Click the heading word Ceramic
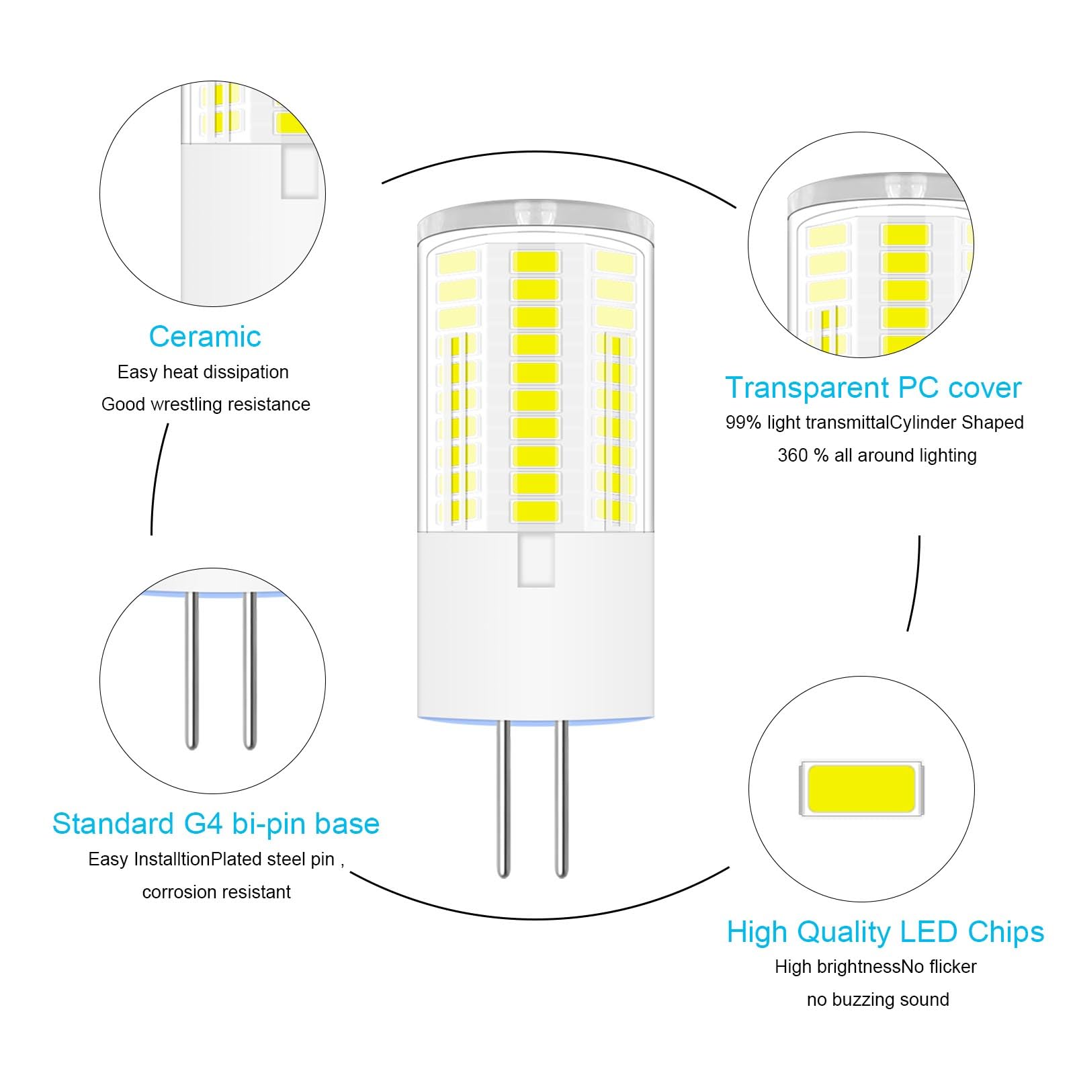pyautogui.click(x=205, y=337)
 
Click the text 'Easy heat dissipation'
pyautogui.click(x=203, y=372)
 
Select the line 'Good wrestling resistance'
pyautogui.click(x=206, y=404)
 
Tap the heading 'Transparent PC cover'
pyautogui.click(x=873, y=388)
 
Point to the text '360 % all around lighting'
pyautogui.click(x=877, y=455)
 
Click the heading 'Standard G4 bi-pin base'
pyautogui.click(x=216, y=824)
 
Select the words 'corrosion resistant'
pyautogui.click(x=216, y=892)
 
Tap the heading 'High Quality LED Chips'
pyautogui.click(x=886, y=933)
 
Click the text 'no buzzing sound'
pyautogui.click(x=877, y=1000)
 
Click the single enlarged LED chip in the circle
pyautogui.click(x=861, y=788)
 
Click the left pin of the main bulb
pyautogui.click(x=503, y=798)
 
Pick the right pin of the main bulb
pyautogui.click(x=562, y=798)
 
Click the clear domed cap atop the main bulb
pyautogui.click(x=535, y=222)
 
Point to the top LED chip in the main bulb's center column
pyautogui.click(x=535, y=262)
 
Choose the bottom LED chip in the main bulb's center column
pyautogui.click(x=535, y=511)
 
